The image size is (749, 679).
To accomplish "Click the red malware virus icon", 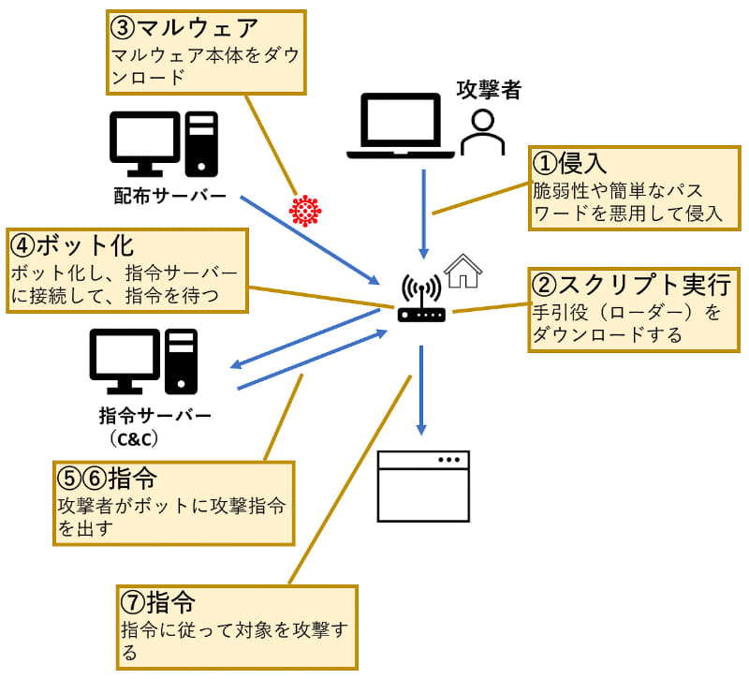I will (305, 211).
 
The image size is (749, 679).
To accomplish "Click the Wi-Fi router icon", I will (421, 300).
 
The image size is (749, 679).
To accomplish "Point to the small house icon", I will (463, 272).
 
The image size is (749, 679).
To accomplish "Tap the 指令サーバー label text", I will (154, 415).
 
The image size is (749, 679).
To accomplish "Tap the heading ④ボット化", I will (72, 246).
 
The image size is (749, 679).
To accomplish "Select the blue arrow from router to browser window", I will (421, 389).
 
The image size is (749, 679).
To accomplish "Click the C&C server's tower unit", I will (183, 361).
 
